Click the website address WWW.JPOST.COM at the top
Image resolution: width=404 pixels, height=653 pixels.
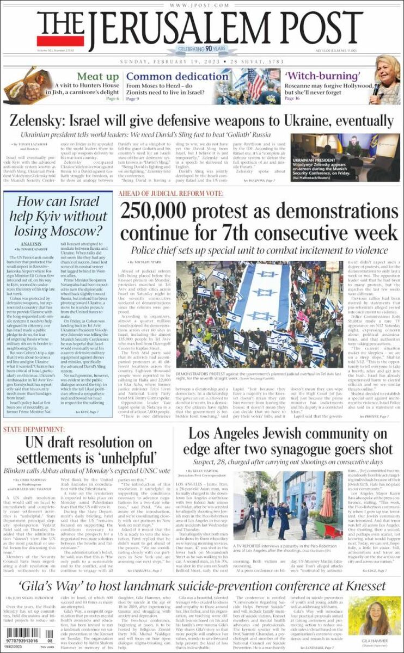click(201, 5)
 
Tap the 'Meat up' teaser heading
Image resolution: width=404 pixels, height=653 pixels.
click(98, 77)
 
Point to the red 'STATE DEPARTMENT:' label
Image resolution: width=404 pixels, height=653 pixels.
click(33, 430)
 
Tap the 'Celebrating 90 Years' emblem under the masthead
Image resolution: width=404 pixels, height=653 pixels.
click(202, 50)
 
